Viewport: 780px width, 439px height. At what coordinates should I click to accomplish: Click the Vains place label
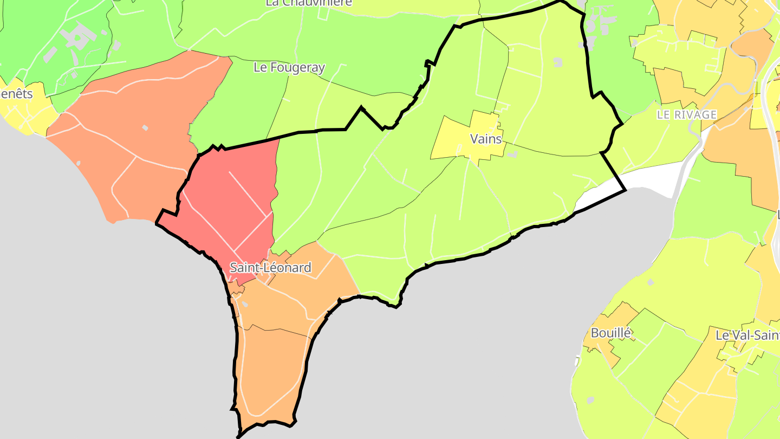coord(486,139)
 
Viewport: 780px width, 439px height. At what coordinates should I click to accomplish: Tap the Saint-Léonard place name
coord(270,267)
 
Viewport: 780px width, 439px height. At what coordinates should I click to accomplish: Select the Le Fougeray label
coord(289,68)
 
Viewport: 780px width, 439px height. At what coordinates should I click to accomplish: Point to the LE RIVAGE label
coord(686,115)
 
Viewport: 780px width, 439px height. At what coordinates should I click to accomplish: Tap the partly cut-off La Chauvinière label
coord(309,3)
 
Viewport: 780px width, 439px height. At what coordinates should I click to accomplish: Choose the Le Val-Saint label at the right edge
coord(747,335)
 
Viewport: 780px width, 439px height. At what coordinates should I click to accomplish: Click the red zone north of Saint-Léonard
coord(233,201)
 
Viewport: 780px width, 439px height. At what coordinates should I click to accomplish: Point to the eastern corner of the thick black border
coord(626,190)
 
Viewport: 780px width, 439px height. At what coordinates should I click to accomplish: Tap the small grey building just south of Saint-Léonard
coord(244,305)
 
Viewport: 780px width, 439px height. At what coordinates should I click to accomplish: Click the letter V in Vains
coord(474,139)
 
